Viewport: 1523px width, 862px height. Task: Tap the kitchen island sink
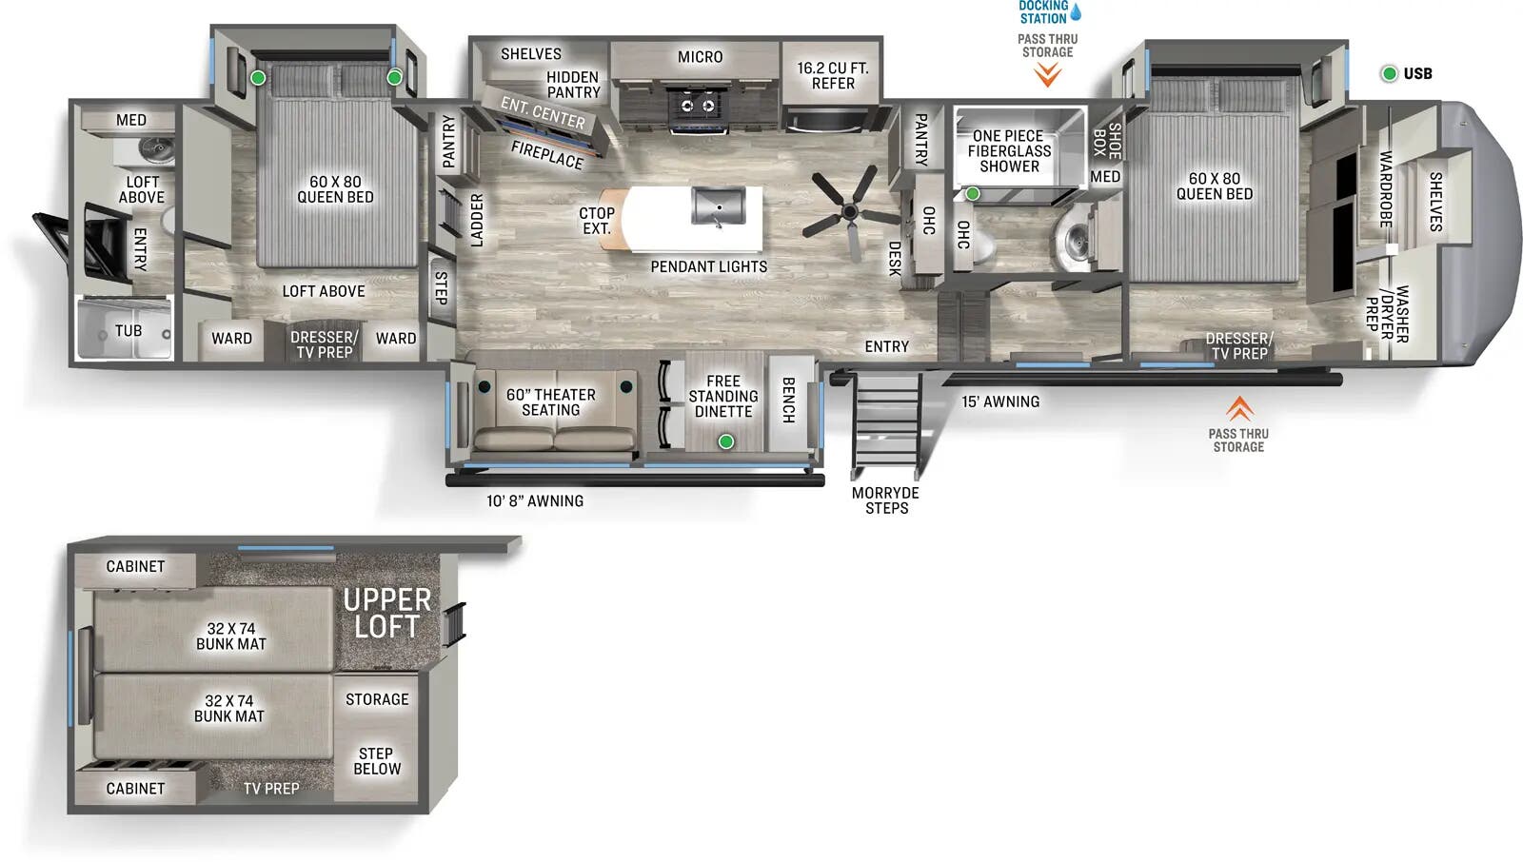click(719, 206)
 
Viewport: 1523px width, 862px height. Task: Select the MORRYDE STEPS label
click(885, 500)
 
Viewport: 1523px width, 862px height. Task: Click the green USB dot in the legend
click(1389, 73)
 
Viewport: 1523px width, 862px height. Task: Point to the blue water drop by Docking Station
click(1076, 12)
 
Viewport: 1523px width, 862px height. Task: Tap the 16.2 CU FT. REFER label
click(833, 75)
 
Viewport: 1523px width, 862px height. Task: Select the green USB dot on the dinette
click(726, 441)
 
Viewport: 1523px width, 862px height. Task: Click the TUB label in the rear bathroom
click(129, 331)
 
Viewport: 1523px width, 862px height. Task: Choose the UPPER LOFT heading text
click(386, 614)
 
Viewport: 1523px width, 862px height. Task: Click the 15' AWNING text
click(1000, 402)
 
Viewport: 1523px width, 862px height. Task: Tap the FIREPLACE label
click(546, 154)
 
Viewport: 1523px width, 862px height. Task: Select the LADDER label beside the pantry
click(477, 220)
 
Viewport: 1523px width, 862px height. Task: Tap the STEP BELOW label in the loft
click(377, 761)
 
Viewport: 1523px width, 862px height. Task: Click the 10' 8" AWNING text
click(535, 500)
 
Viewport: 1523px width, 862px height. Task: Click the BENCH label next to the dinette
click(788, 400)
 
